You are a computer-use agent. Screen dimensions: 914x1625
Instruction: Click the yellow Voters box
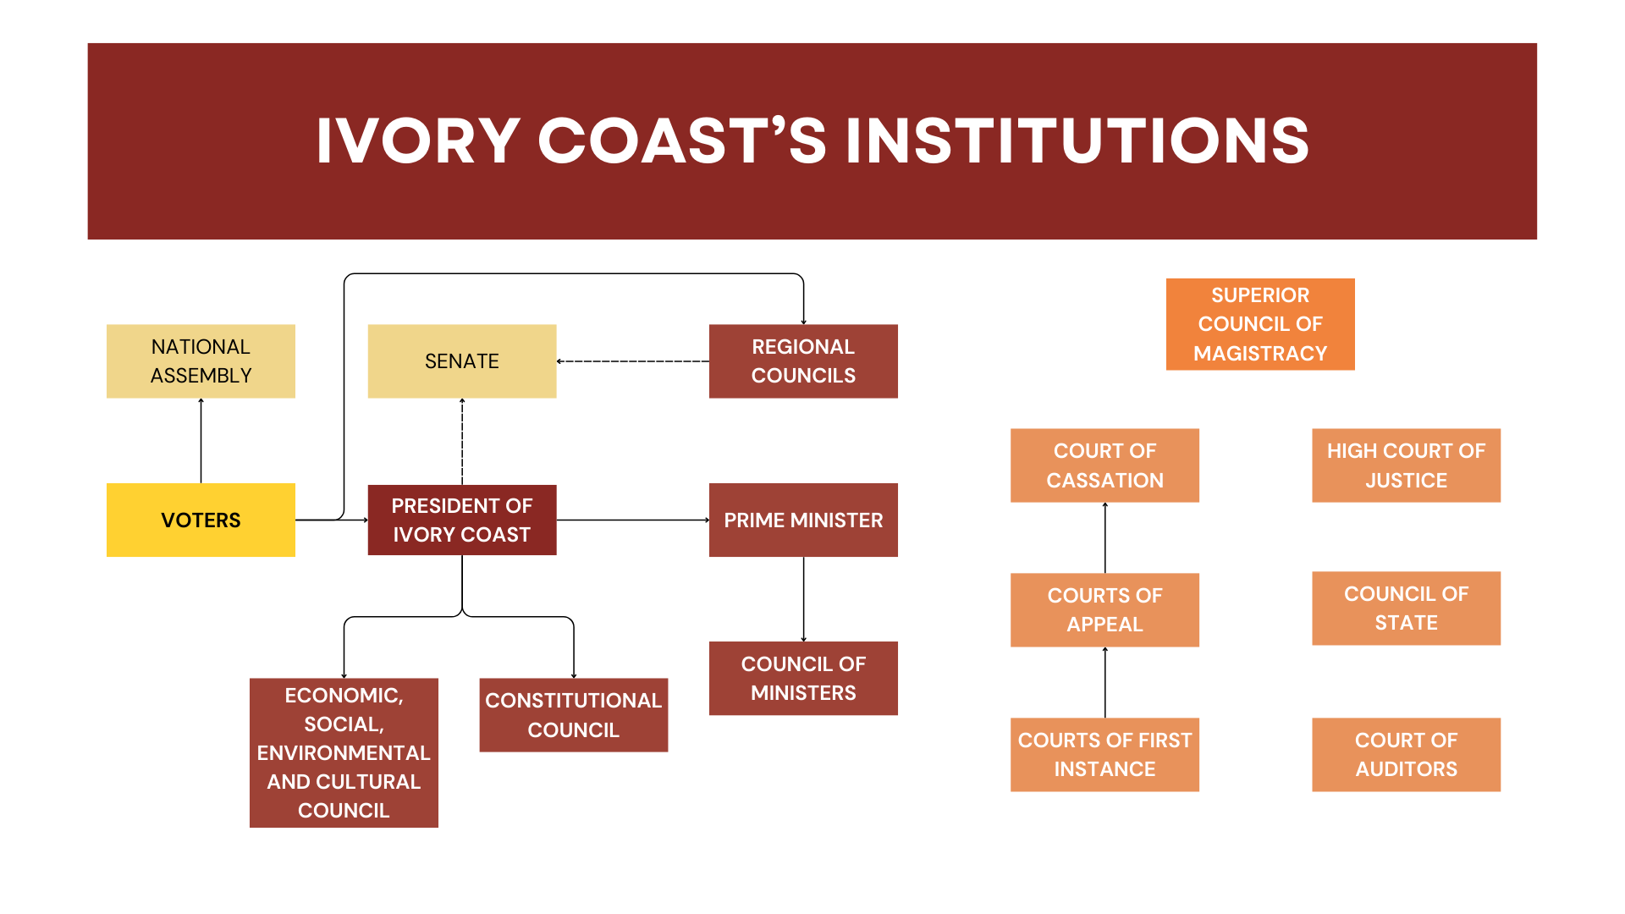click(x=201, y=520)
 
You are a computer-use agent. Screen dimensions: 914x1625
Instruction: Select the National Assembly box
click(x=201, y=361)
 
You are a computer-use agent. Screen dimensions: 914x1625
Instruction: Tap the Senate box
click(x=461, y=361)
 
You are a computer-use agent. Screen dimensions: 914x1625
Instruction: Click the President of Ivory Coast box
click(x=461, y=520)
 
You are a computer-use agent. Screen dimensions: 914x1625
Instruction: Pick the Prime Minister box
click(x=802, y=520)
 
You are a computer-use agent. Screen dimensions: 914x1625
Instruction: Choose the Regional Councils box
click(x=802, y=361)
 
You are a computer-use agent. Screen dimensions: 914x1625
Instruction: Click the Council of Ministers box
click(x=802, y=678)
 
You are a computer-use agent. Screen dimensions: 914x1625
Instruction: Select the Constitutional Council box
click(x=573, y=714)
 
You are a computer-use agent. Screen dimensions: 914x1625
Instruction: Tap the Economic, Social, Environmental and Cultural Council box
click(x=344, y=752)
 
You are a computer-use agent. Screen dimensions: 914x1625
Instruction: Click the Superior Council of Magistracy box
click(x=1259, y=324)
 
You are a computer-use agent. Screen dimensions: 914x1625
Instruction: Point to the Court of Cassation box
click(x=1104, y=465)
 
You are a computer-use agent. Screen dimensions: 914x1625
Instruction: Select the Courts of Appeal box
click(x=1104, y=609)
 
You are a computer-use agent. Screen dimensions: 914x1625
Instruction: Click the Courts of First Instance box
click(x=1104, y=754)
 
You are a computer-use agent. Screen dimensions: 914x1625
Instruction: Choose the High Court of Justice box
click(x=1406, y=465)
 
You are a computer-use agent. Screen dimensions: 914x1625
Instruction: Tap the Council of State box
click(x=1406, y=608)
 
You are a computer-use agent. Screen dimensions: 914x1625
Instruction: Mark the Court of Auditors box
click(x=1406, y=754)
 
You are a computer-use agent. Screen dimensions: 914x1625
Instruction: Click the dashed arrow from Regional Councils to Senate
click(x=632, y=361)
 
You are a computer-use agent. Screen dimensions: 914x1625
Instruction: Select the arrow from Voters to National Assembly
click(x=201, y=440)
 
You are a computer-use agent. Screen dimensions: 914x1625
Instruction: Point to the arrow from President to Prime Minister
click(x=632, y=520)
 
